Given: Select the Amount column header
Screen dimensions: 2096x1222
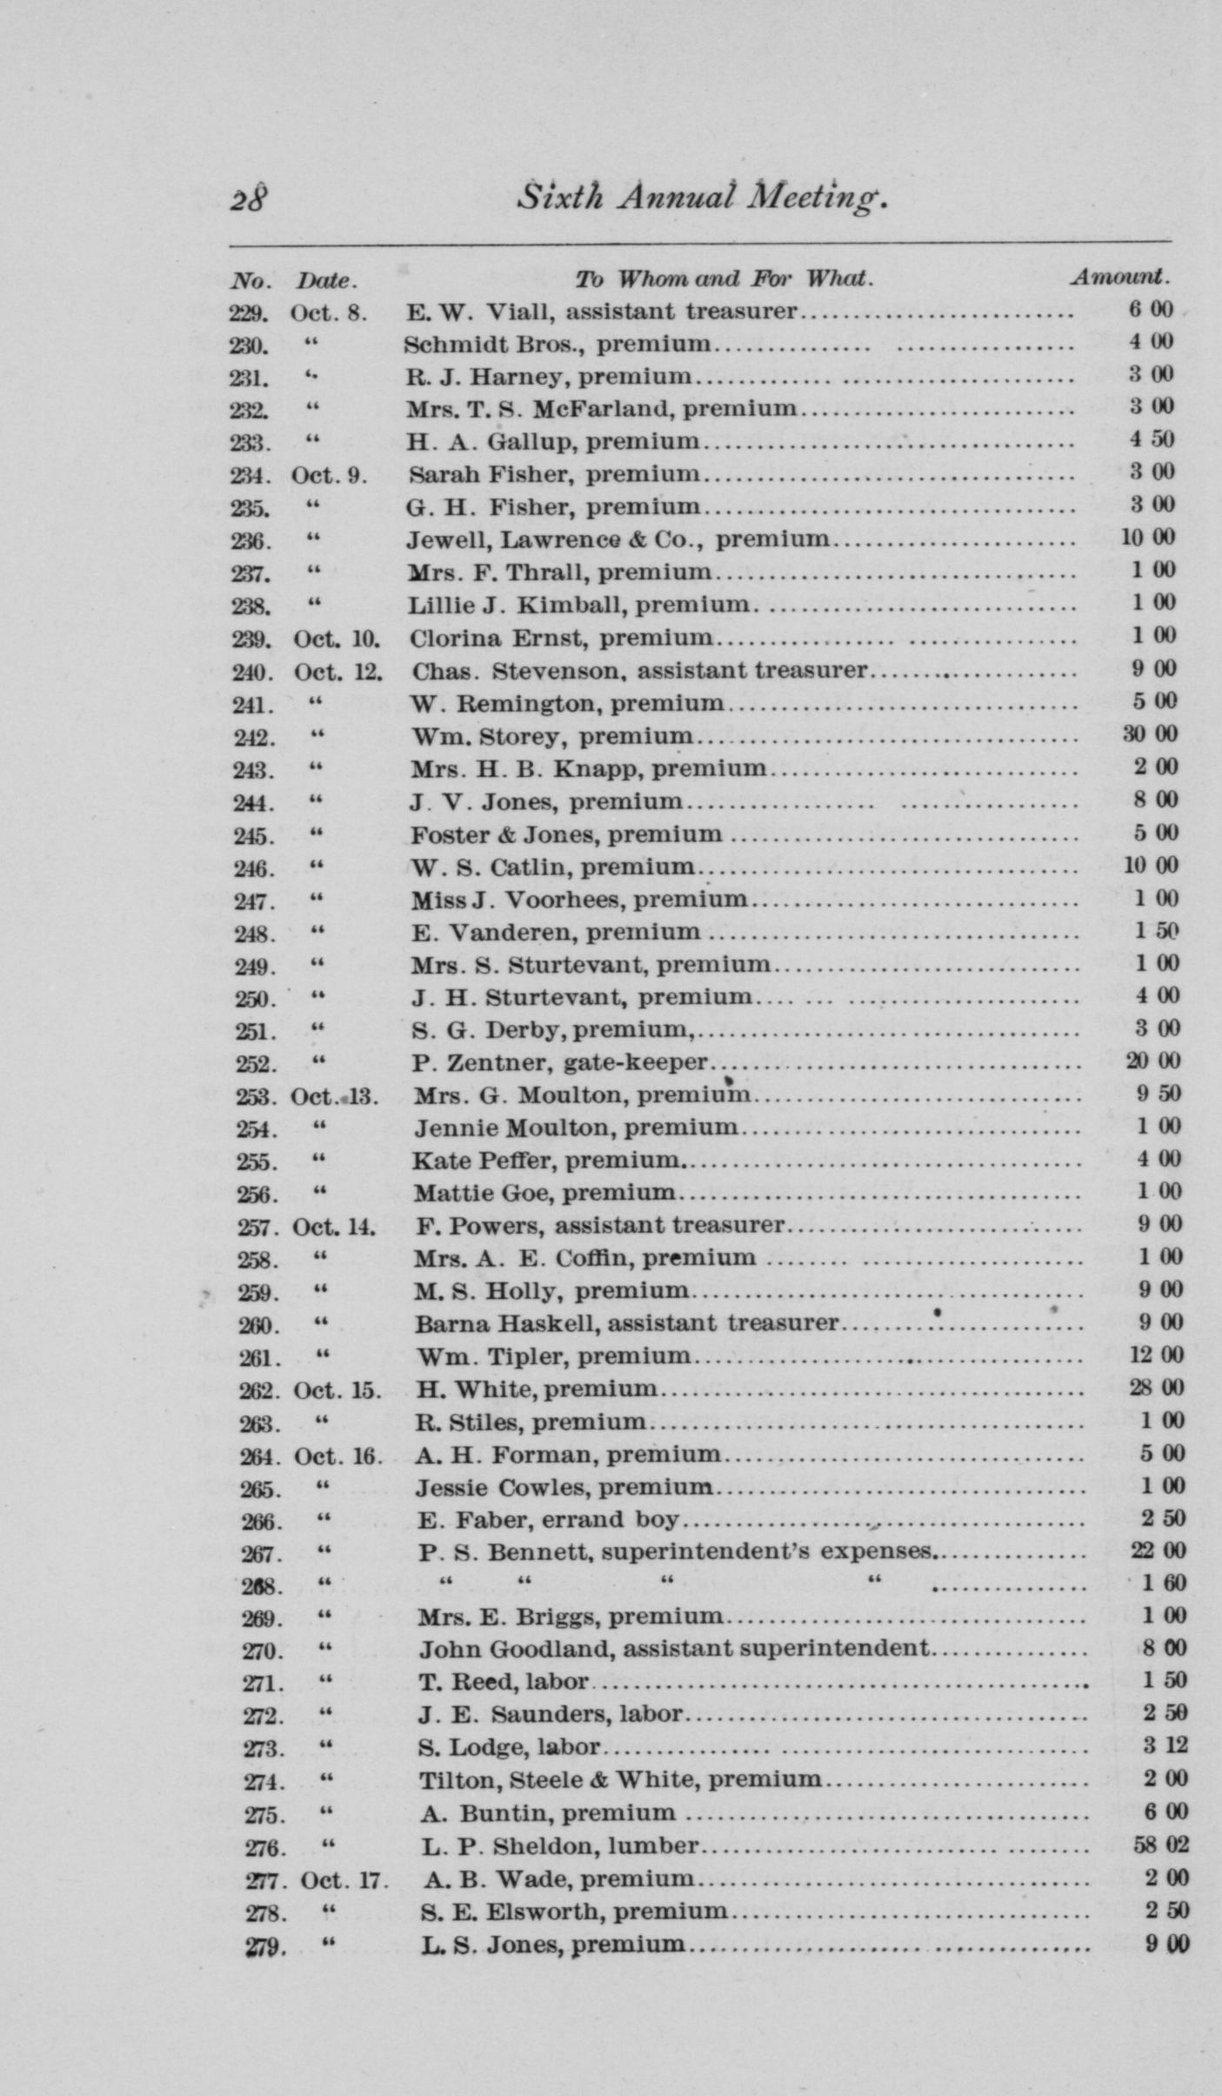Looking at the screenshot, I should tap(1119, 278).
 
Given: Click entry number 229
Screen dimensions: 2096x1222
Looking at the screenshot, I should tap(249, 311).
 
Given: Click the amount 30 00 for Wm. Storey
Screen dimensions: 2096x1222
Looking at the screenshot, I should tap(1150, 734).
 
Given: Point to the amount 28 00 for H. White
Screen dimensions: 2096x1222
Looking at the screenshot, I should tap(1156, 1388).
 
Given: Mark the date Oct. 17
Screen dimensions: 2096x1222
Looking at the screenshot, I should tap(342, 1880).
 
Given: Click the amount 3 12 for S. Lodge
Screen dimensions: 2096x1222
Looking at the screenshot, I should tap(1165, 1746).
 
